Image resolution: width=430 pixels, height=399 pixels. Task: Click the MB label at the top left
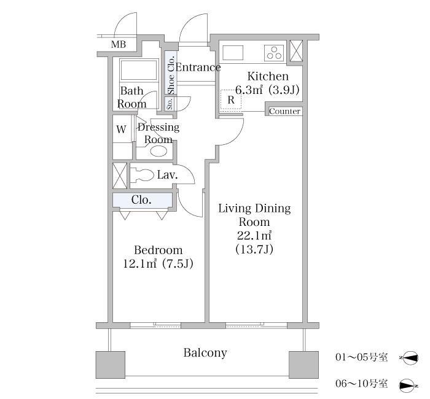pos(119,44)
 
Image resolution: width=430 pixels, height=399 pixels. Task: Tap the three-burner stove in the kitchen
pos(274,53)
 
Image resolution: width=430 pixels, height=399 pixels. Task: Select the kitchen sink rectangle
pos(233,53)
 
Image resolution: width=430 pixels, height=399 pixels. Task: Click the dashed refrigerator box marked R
pos(231,99)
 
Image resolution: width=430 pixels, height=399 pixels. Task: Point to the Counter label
pos(284,111)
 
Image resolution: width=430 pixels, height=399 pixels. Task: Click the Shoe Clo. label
pos(171,75)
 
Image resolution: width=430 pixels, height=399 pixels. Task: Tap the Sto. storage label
pos(170,104)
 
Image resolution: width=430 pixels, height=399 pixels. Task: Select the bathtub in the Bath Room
pos(139,70)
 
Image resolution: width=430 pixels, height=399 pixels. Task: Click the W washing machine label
pos(121,129)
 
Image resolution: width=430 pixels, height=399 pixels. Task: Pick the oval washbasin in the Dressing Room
pos(158,151)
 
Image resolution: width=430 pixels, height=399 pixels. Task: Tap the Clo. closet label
pos(141,199)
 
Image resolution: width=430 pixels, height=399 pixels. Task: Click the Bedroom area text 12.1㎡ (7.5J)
pos(158,263)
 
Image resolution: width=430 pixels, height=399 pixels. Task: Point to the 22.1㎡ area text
pos(254,235)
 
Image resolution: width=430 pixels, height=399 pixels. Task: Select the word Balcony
pos(205,353)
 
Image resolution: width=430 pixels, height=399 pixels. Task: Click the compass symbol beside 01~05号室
pos(408,358)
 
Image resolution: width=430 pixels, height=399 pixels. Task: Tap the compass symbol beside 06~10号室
pos(408,385)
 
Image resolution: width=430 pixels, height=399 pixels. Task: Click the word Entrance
pos(198,67)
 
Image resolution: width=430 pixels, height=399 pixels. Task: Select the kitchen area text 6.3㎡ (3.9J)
pos(267,90)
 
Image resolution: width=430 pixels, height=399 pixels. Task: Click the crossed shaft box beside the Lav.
pos(120,176)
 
